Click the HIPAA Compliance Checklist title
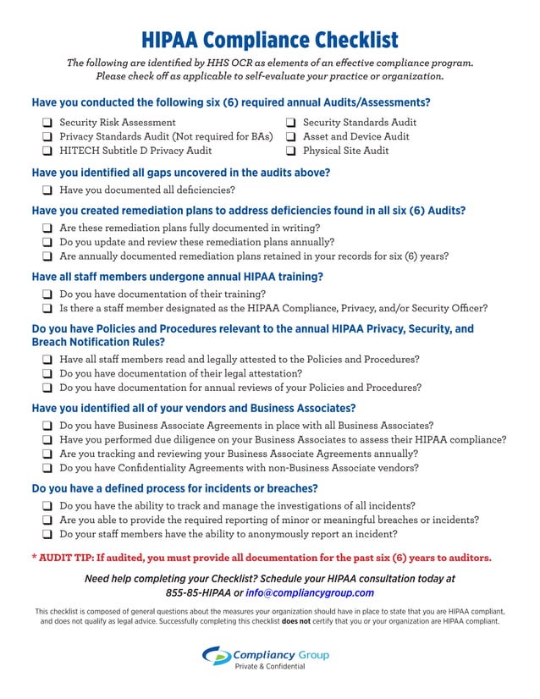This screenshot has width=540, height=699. coord(269,40)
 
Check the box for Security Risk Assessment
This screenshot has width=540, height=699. coord(47,123)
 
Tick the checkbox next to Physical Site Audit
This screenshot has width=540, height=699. coord(290,151)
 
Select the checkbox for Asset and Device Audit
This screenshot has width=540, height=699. coord(290,137)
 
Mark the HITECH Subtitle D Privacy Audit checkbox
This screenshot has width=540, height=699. coord(47,151)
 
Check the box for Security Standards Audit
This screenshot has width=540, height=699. coord(290,123)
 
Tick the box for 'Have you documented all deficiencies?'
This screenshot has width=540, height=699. coord(47,190)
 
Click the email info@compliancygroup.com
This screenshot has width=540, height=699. coord(310,592)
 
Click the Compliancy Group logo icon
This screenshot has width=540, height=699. coord(216,656)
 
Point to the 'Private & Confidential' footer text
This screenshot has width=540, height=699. coord(269,667)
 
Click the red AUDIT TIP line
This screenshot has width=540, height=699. coord(262,558)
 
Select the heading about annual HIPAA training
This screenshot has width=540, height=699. coord(177,276)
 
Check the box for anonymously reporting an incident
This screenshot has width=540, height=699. coord(47,535)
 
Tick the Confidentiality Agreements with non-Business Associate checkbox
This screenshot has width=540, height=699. coord(47,468)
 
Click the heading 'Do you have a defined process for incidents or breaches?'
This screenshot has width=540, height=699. coord(174,488)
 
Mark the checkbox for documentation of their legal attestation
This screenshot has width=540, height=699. coord(47,373)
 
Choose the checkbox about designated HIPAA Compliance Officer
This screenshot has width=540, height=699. coord(47,309)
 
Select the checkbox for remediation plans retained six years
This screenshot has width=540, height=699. coord(47,256)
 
